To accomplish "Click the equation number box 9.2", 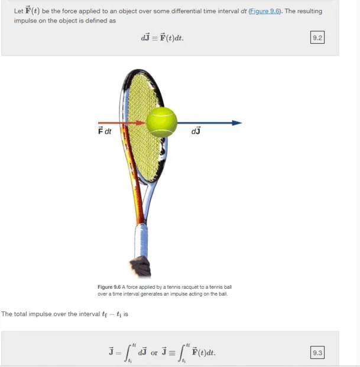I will tap(317, 38).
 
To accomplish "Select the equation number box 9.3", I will tap(317, 353).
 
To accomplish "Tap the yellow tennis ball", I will tap(162, 122).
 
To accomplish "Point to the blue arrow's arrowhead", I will tap(237, 123).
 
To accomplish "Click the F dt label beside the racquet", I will tap(105, 131).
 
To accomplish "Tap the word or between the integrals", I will tap(154, 353).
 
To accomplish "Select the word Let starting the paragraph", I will tap(18, 12).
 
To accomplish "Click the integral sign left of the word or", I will tap(129, 353).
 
